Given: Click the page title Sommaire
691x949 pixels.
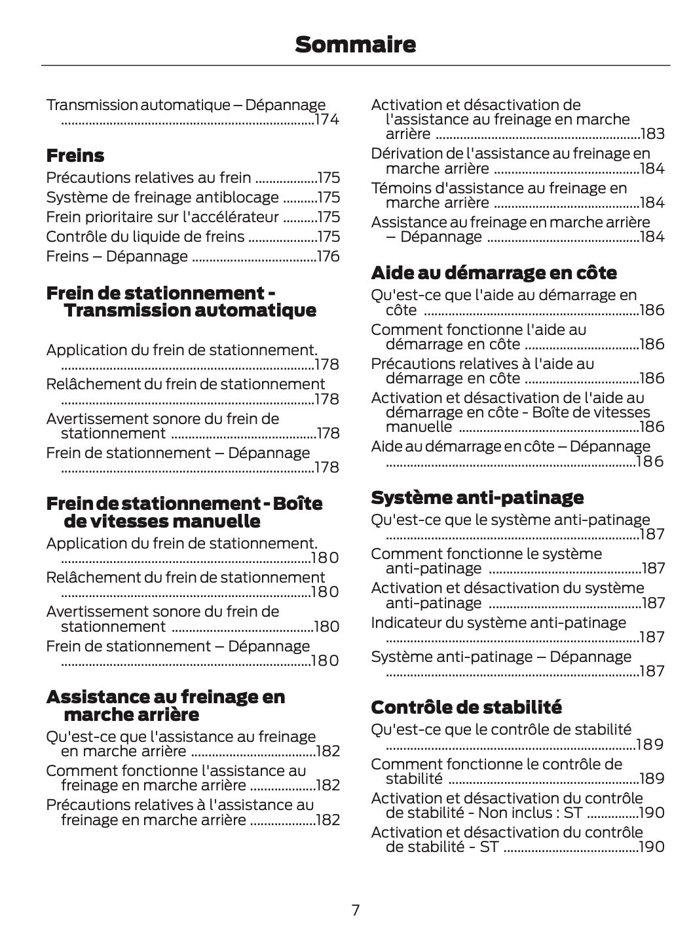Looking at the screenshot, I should (x=355, y=45).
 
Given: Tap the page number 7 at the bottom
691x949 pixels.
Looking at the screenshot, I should (x=355, y=910).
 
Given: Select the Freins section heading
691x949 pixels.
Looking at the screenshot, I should (x=75, y=156).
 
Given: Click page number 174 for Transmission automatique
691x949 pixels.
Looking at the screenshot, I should (x=327, y=120).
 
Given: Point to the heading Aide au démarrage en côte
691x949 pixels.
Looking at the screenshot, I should (x=494, y=273).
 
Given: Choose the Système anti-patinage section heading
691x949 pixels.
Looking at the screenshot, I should (x=477, y=497).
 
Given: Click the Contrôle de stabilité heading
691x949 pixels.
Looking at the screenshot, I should (x=466, y=707).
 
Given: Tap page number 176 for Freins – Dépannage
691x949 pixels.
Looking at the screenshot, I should (x=328, y=256).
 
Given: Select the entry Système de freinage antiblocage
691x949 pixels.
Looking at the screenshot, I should (x=162, y=197).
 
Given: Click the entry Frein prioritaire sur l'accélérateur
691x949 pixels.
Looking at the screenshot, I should (x=162, y=217).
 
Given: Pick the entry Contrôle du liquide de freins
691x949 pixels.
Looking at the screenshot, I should (x=145, y=237).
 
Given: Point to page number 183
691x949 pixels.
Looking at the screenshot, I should (x=652, y=134).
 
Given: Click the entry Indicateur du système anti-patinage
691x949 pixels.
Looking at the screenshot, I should (x=498, y=623).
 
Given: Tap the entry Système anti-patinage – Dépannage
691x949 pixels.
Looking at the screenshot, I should (x=501, y=657).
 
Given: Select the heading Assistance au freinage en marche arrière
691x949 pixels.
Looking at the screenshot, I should (x=166, y=705).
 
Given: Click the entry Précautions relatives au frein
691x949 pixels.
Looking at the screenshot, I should (x=149, y=178).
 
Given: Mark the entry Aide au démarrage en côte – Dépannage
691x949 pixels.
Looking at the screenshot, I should (x=510, y=446).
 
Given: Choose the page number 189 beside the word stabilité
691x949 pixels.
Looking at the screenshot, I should (x=652, y=779).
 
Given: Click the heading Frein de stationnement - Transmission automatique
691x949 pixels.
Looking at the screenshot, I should (x=181, y=301).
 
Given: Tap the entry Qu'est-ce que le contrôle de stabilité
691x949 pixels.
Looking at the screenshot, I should (x=501, y=729).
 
